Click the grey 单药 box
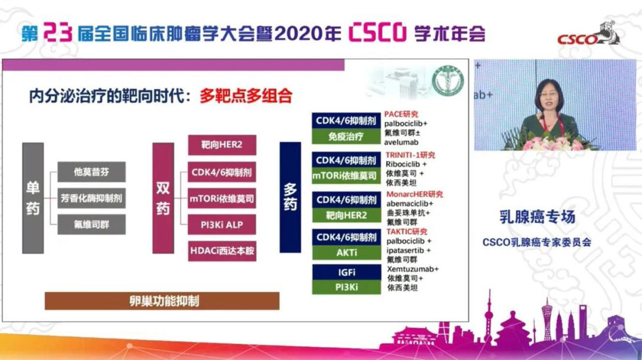[x=32, y=198]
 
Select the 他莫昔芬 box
[x=91, y=172]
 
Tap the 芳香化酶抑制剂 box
[x=91, y=198]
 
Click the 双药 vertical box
[x=163, y=198]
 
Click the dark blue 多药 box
[x=290, y=197]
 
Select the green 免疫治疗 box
[x=347, y=136]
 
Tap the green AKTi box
[x=347, y=253]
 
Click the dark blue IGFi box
[x=347, y=273]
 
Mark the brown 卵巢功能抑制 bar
[x=162, y=301]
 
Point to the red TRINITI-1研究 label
[x=410, y=155]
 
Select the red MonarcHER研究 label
[x=414, y=194]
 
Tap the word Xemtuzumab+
[x=413, y=269]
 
